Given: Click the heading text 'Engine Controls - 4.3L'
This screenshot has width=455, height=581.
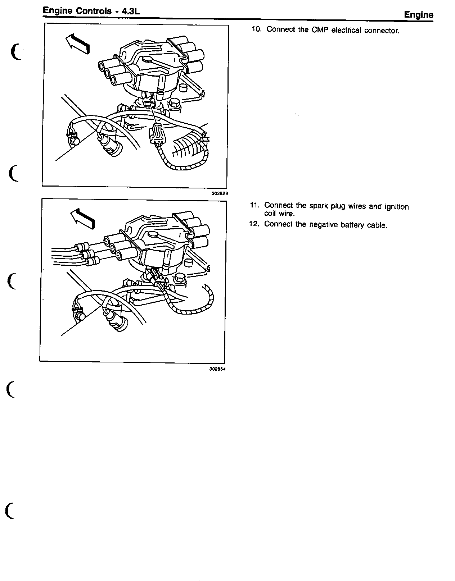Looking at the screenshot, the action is (91, 11).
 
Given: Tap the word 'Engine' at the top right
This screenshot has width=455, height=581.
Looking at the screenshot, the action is (419, 15).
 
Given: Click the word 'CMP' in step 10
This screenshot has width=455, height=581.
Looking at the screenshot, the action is (320, 30).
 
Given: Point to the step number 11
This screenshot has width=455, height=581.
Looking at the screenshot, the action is (254, 205).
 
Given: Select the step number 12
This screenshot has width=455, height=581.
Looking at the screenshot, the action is (254, 224).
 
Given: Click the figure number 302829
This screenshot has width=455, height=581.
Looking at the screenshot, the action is (220, 193).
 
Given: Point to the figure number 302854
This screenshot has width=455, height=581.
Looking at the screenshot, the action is (217, 369).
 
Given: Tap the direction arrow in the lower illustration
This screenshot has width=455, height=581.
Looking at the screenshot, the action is (83, 219).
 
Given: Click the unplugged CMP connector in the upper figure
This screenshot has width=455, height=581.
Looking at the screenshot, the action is (157, 133).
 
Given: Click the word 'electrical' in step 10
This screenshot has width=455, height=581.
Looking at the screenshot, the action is (346, 30).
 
